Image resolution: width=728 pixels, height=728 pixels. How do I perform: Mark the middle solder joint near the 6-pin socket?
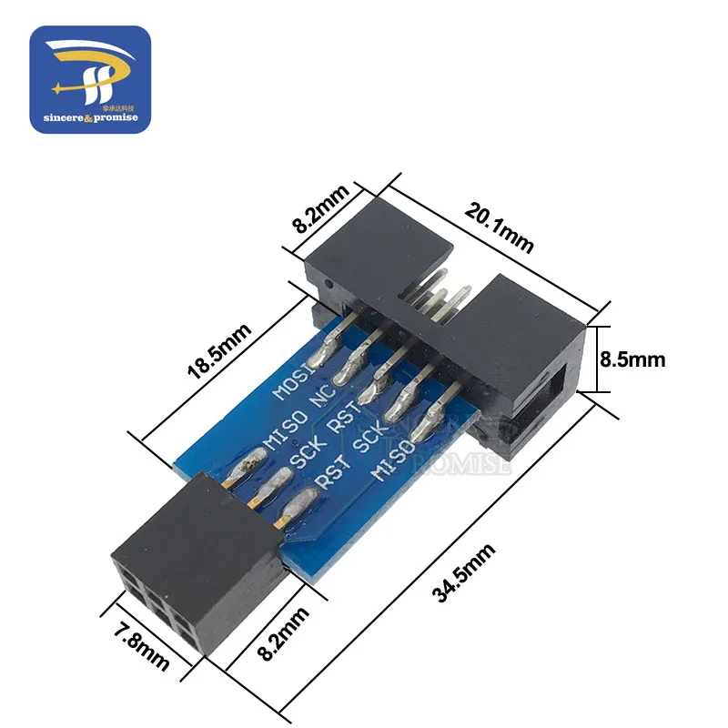pyautogui.click(x=264, y=488)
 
